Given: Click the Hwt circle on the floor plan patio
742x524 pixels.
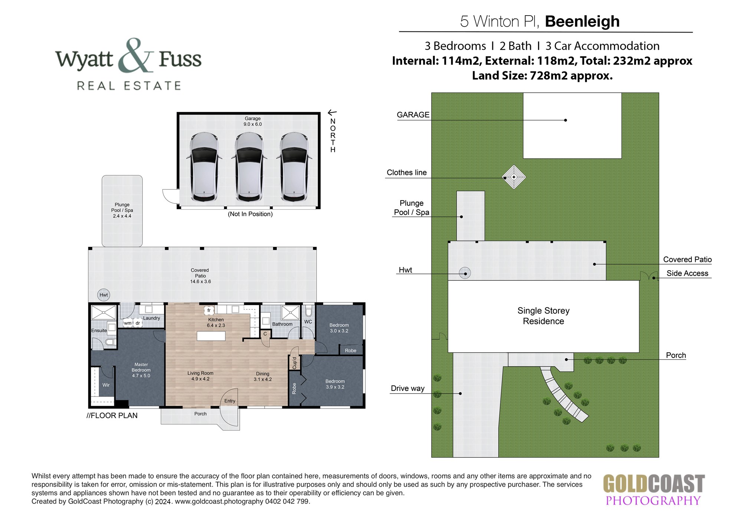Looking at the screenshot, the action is tap(104, 295).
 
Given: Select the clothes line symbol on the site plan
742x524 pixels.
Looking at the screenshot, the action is tap(514, 177).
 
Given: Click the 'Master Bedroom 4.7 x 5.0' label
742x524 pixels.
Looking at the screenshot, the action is tap(141, 370).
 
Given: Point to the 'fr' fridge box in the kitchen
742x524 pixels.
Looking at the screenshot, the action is tap(209, 310).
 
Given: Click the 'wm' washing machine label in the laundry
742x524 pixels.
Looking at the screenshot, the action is tap(128, 323).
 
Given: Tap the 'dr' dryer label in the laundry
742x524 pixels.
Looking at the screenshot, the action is tap(138, 323).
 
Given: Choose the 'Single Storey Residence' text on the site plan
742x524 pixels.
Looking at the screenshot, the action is tap(544, 316).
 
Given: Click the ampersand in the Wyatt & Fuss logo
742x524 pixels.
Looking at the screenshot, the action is tap(137, 56).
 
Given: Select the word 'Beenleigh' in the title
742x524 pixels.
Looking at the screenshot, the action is tap(582, 21).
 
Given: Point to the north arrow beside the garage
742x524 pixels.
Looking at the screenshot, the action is tap(332, 112).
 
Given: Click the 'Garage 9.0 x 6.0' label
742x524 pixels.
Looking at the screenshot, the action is tap(253, 121).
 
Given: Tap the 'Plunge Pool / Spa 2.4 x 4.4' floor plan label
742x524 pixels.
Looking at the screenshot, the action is tap(122, 210).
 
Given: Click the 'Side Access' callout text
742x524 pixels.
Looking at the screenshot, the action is tap(687, 273).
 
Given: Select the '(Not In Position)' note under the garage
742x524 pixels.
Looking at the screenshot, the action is tap(250, 214).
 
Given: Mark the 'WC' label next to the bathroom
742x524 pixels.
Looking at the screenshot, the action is tap(308, 322).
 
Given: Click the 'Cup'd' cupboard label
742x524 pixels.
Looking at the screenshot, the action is tap(294, 363).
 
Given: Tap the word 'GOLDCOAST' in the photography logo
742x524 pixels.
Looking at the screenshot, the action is tap(654, 484).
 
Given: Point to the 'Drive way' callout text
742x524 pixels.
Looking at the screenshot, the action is tap(407, 388).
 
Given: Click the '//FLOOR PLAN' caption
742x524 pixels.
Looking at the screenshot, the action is tap(112, 415).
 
